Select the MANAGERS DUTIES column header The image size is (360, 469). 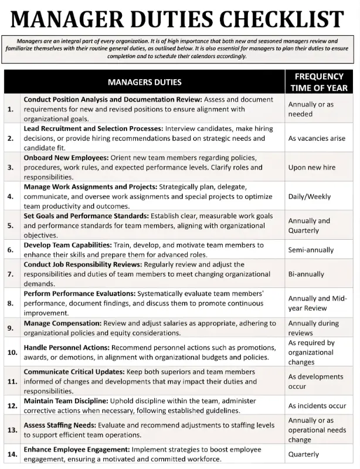click(x=144, y=82)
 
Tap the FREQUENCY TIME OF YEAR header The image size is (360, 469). click(x=319, y=82)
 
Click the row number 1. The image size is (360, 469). click(x=11, y=109)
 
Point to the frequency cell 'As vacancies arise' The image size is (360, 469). click(x=317, y=138)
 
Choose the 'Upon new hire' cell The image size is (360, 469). click(x=312, y=167)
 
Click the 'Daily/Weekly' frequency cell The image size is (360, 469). click(x=310, y=196)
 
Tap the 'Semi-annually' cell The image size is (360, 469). click(x=311, y=250)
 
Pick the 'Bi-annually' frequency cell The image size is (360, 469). click(x=306, y=274)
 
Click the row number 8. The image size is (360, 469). click(x=11, y=303)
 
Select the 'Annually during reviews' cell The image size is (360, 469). click(x=314, y=328)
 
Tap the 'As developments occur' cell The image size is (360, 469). click(x=315, y=382)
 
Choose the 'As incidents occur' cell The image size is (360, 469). click(x=317, y=406)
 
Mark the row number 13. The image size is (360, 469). click(x=11, y=430)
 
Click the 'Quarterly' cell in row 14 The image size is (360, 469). click(x=304, y=454)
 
